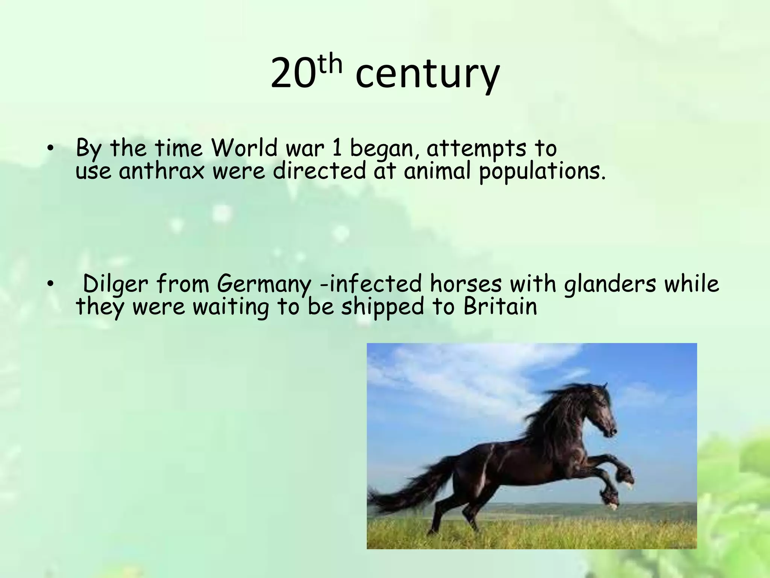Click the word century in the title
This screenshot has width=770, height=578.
click(x=427, y=75)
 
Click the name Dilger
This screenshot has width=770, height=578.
click(x=115, y=284)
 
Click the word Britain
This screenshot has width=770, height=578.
click(x=500, y=307)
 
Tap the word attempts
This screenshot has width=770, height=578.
click(x=476, y=149)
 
